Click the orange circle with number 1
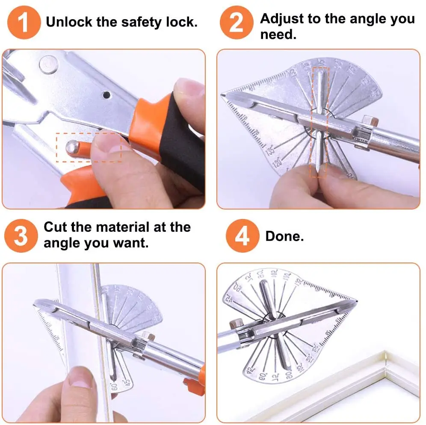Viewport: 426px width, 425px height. tap(24, 22)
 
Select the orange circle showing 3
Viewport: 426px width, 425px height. tap(21, 236)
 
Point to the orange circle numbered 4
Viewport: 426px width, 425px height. tap(242, 236)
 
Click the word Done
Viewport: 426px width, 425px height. tap(284, 236)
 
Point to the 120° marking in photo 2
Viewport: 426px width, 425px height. tap(278, 164)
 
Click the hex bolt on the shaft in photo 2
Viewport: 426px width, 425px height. tap(368, 122)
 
